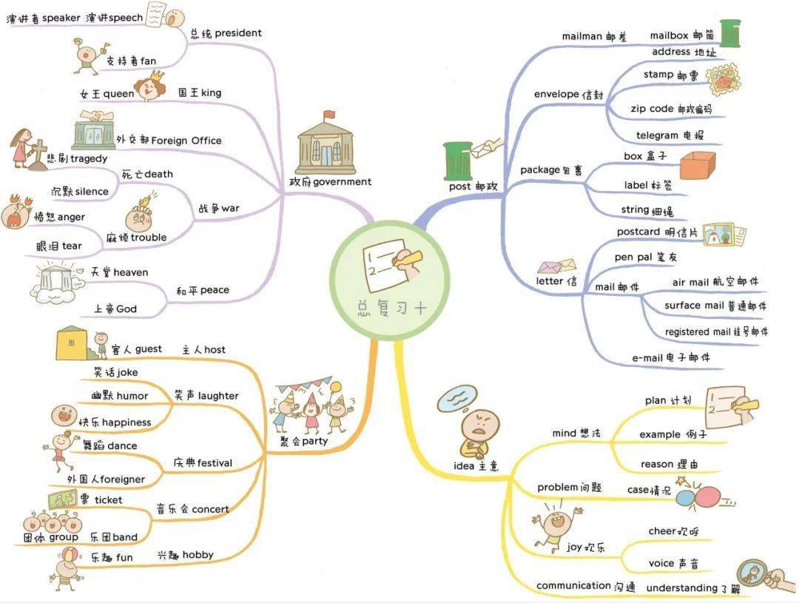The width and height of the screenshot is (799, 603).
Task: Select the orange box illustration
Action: tap(698, 165)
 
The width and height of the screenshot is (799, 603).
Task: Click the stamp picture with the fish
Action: tap(723, 79)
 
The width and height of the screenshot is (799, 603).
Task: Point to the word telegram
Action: tap(657, 135)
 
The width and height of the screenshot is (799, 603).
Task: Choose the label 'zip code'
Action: tap(652, 109)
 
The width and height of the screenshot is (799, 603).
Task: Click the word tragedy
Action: tap(89, 159)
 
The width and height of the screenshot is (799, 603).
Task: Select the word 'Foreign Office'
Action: tap(186, 141)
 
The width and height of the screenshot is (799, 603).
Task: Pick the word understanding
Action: tap(682, 588)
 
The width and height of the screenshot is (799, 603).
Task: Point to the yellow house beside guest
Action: tap(71, 343)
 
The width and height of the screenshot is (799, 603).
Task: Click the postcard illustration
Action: tap(724, 235)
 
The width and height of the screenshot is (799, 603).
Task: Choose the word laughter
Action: tap(218, 396)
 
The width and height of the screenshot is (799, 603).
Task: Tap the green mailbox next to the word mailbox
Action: tap(730, 33)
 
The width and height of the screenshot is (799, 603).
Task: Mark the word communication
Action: tap(573, 586)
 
